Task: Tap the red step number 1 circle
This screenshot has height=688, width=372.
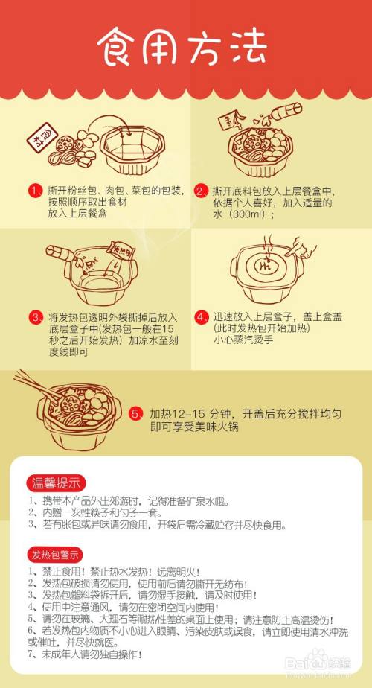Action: pos(34,191)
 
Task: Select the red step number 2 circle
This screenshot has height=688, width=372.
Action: pos(200,191)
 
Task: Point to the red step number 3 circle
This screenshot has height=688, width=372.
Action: pos(35,316)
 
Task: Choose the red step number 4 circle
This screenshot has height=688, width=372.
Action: pos(200,316)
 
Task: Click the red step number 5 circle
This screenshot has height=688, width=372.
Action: pos(135,414)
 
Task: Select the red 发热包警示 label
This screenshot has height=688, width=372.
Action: pos(57,555)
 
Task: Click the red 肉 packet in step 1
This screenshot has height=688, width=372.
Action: pos(39,137)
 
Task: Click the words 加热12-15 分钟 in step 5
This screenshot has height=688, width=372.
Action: pos(195,414)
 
